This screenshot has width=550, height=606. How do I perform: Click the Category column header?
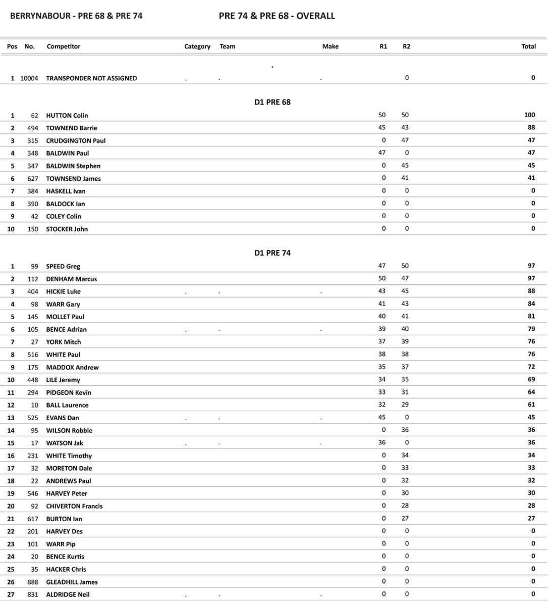point(197,46)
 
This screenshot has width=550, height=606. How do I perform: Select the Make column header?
point(330,46)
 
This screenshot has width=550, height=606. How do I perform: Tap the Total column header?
point(528,46)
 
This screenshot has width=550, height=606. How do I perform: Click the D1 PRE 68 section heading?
point(272,102)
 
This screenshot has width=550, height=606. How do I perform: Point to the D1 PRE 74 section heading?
point(272,253)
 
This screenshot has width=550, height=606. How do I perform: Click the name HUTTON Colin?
point(67,116)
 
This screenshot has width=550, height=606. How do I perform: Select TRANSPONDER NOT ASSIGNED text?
point(91,78)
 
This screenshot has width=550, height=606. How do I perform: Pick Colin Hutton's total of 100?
point(529,115)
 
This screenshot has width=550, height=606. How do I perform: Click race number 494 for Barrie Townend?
point(32,128)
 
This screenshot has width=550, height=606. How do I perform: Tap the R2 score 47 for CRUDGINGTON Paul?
point(405,140)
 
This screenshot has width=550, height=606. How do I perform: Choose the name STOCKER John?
point(67,229)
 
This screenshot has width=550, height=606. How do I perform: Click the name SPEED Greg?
point(63,267)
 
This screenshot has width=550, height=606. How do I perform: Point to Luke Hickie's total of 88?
point(531,291)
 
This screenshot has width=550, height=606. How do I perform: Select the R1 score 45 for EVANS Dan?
point(381,418)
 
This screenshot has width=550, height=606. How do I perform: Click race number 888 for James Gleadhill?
point(32,582)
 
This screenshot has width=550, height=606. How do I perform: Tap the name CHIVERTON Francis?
point(74,507)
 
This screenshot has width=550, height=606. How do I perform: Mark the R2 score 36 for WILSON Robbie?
point(405,430)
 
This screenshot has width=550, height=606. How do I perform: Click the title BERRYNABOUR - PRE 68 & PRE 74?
point(76,16)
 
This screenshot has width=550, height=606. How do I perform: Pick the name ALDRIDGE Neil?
point(68,595)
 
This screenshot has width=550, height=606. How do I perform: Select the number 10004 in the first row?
point(29,78)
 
